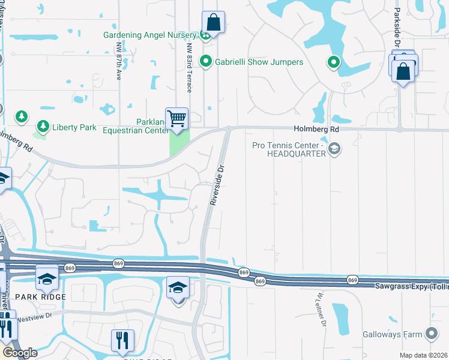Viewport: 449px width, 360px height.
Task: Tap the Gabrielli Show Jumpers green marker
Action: pyautogui.click(x=206, y=61)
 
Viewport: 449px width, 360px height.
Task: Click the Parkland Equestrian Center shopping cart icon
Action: pyautogui.click(x=176, y=118)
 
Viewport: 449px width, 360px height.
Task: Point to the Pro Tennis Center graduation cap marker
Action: pyautogui.click(x=335, y=148)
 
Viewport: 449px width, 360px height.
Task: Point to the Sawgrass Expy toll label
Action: pyautogui.click(x=411, y=287)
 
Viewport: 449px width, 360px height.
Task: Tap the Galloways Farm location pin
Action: pyautogui.click(x=431, y=334)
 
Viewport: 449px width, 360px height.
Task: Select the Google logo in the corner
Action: pyautogui.click(x=20, y=352)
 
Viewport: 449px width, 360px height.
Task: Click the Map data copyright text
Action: pyautogui.click(x=424, y=355)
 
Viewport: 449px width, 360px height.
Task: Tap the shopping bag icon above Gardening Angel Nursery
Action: pyautogui.click(x=212, y=23)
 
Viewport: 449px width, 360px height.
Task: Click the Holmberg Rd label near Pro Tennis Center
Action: pyautogui.click(x=316, y=129)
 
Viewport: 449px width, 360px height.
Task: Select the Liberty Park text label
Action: pyautogui.click(x=74, y=127)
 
